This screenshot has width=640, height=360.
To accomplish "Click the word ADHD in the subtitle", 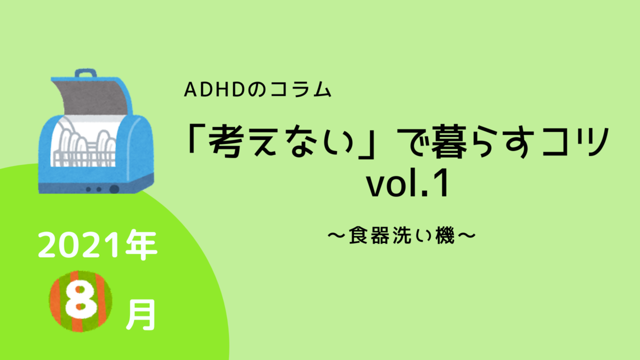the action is coord(215,89).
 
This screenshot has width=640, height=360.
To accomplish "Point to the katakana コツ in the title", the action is coord(575,141).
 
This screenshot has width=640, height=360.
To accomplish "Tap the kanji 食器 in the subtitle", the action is coord(369,235).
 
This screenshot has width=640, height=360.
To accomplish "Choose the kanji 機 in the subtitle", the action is coord(445,235).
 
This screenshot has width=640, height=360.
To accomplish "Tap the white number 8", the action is coord(81,301).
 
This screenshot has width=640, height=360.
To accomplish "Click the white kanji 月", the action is coord(141,315).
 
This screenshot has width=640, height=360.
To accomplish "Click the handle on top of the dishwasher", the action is coord(85,73).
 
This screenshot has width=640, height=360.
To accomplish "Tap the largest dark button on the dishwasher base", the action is coord(114,189).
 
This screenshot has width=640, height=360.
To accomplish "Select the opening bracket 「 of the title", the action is coord(194,138).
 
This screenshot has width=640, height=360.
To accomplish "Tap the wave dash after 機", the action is coord(467,235).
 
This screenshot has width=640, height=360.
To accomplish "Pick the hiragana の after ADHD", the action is coord(256,89).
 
